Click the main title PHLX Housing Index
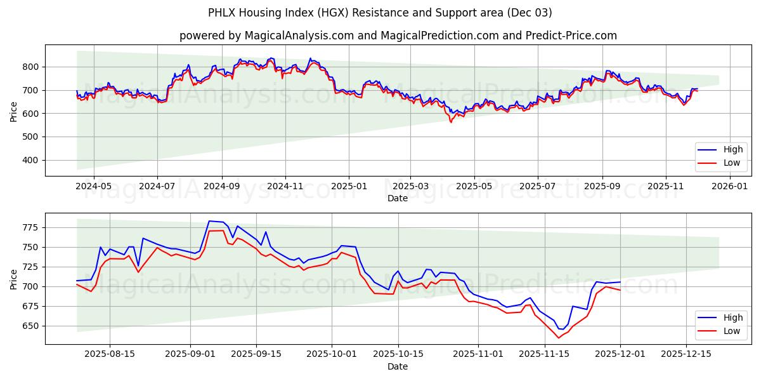tap(380, 13)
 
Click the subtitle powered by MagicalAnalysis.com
tap(398, 36)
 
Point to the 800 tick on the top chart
tap(31, 67)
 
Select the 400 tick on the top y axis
tap(31, 160)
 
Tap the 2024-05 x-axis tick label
tap(93, 187)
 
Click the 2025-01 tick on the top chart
tap(348, 187)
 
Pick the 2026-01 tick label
tap(730, 187)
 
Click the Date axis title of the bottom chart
tap(398, 366)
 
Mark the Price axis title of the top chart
tap(14, 111)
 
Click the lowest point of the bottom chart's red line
tap(559, 338)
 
